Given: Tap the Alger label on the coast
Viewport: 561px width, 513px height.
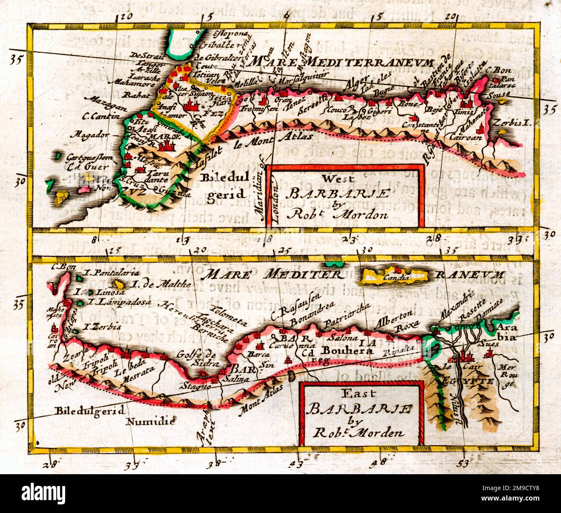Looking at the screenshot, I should (355, 82).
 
